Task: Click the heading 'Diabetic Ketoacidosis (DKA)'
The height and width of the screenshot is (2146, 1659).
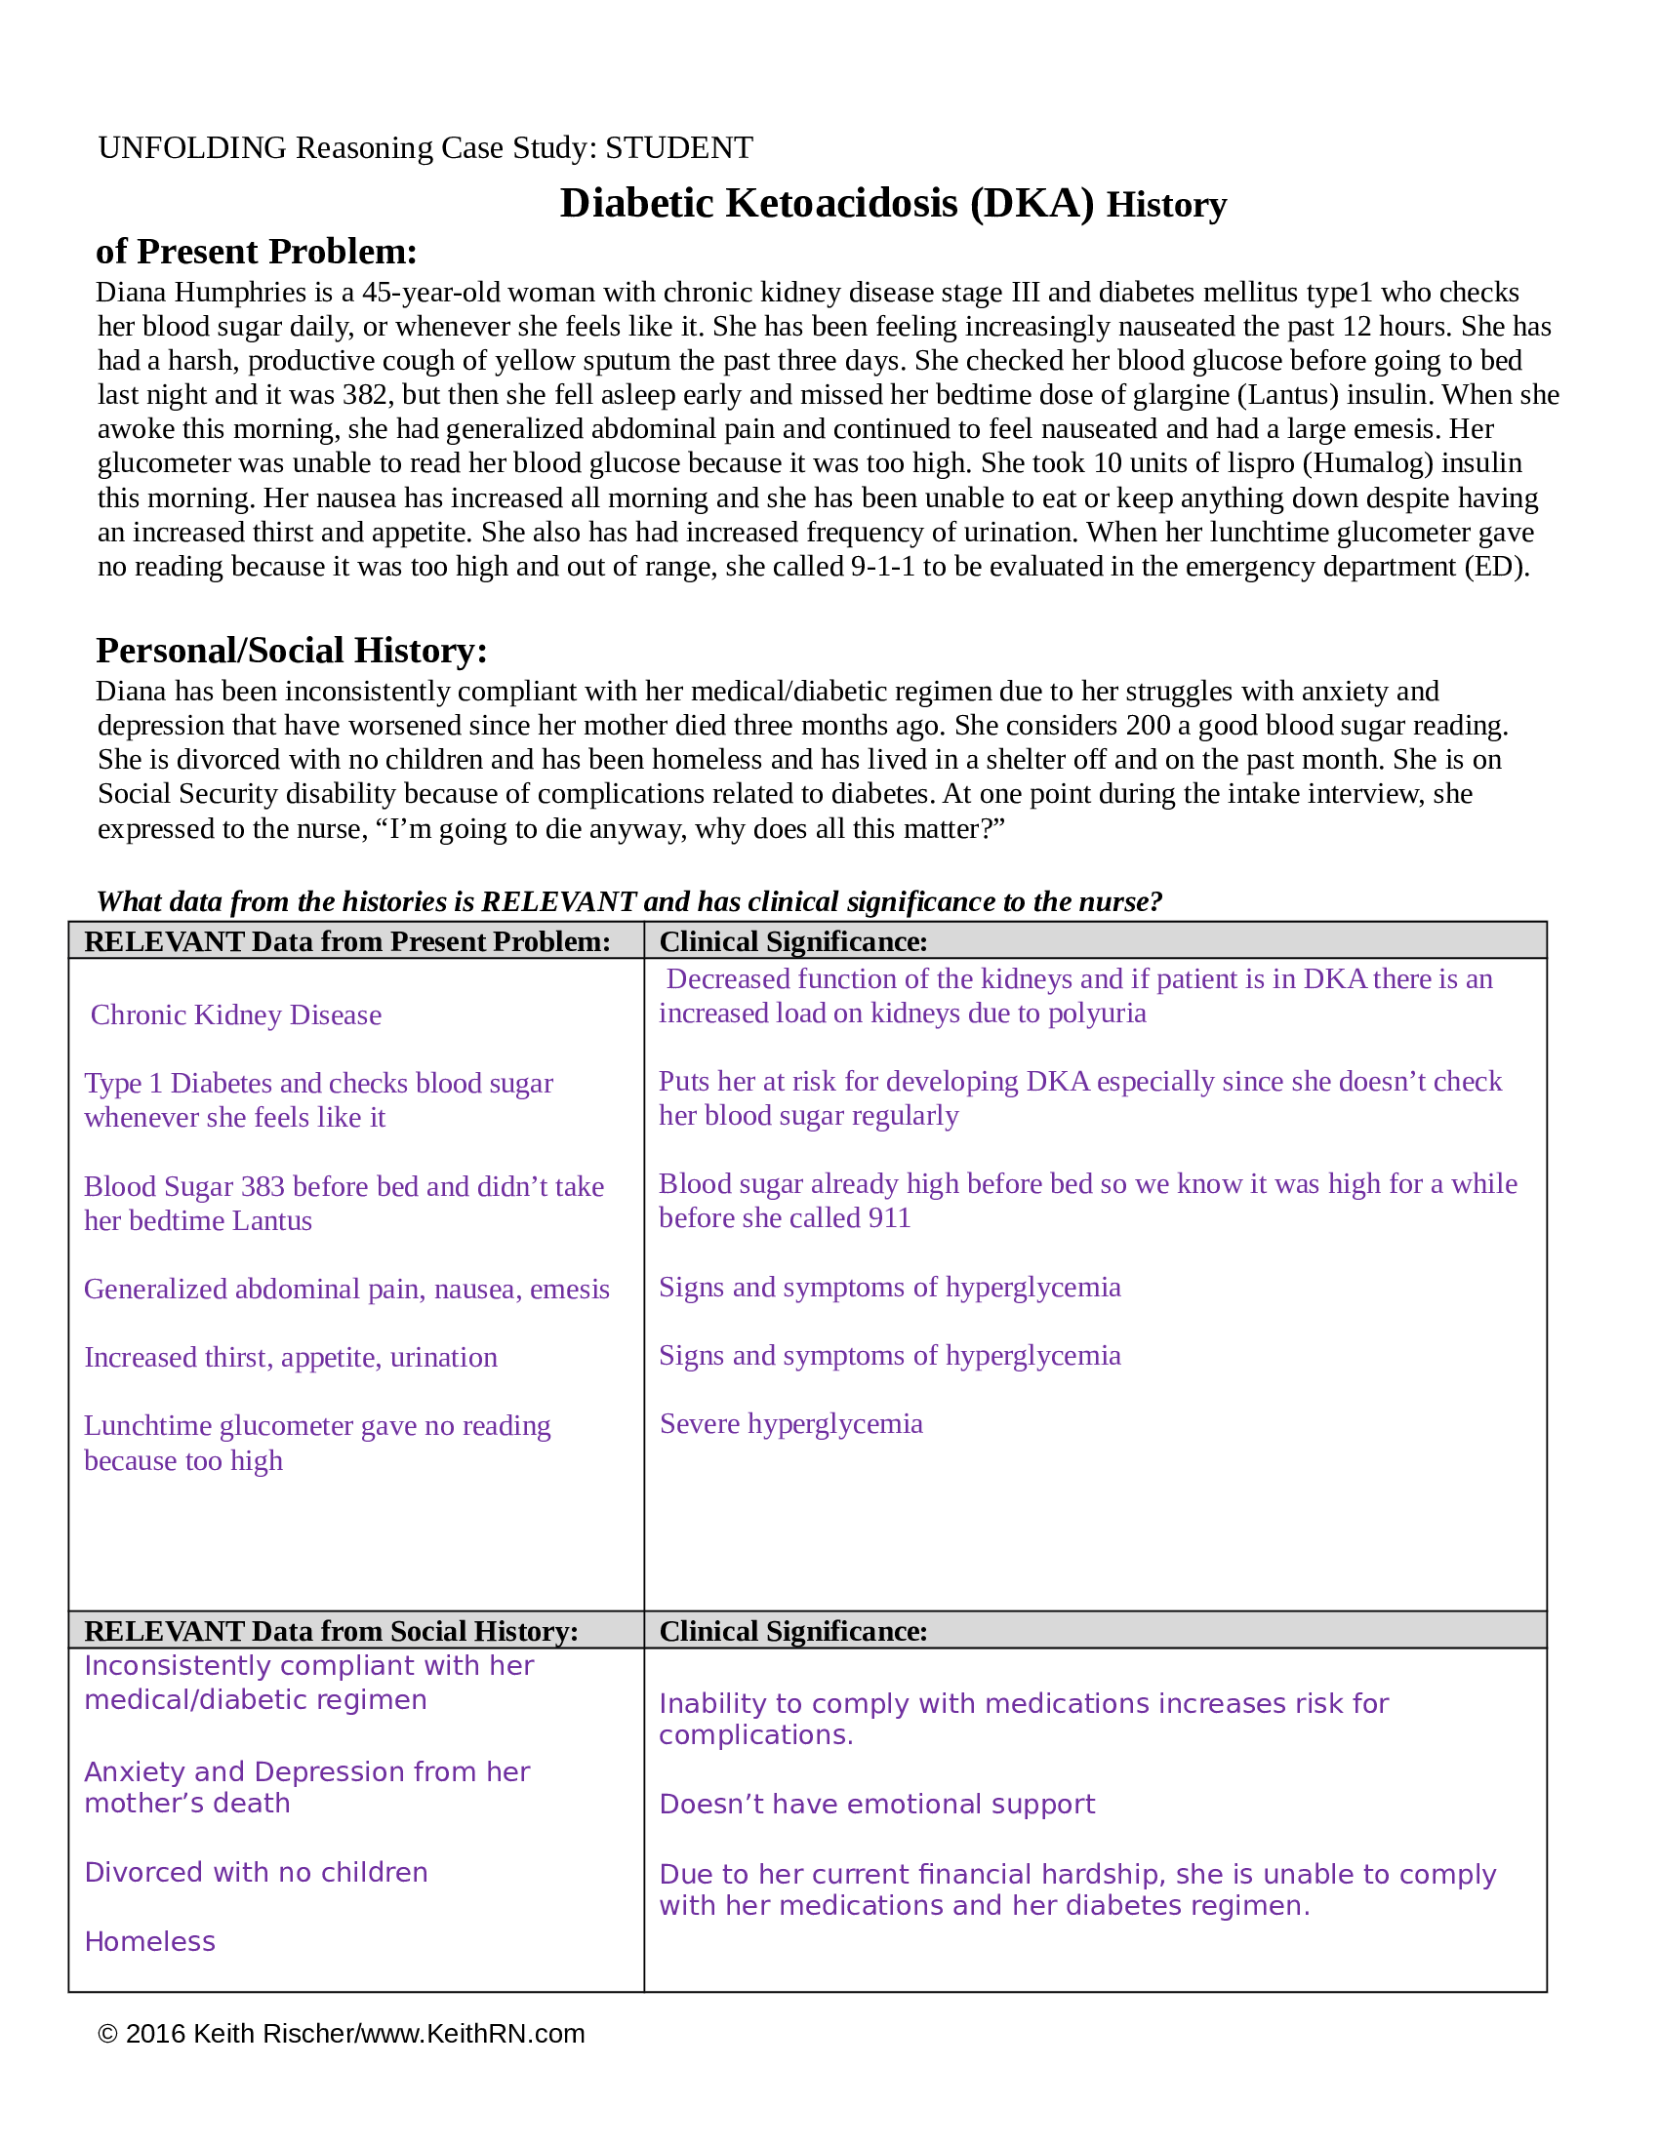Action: (826, 204)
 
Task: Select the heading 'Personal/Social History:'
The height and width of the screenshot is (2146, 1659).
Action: (291, 651)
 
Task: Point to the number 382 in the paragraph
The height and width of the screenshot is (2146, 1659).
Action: (366, 395)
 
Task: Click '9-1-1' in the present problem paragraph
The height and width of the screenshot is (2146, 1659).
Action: (882, 567)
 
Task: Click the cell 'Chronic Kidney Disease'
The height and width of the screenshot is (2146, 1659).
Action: (236, 1015)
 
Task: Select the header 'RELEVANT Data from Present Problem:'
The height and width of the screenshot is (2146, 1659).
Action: (347, 941)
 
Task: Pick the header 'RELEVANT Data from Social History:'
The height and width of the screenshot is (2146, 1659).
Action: (331, 1631)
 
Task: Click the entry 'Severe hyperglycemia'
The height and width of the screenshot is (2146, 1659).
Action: (791, 1424)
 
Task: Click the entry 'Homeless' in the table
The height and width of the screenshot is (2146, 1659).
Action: (149, 1941)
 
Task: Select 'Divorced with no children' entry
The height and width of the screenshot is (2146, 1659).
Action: (256, 1872)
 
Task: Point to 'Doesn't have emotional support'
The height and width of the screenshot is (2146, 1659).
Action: (876, 1804)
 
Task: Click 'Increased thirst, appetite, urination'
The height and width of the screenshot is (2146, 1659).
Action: (291, 1357)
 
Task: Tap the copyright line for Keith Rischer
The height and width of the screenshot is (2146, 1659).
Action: (340, 2034)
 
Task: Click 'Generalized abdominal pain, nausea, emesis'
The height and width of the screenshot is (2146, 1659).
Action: (347, 1290)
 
